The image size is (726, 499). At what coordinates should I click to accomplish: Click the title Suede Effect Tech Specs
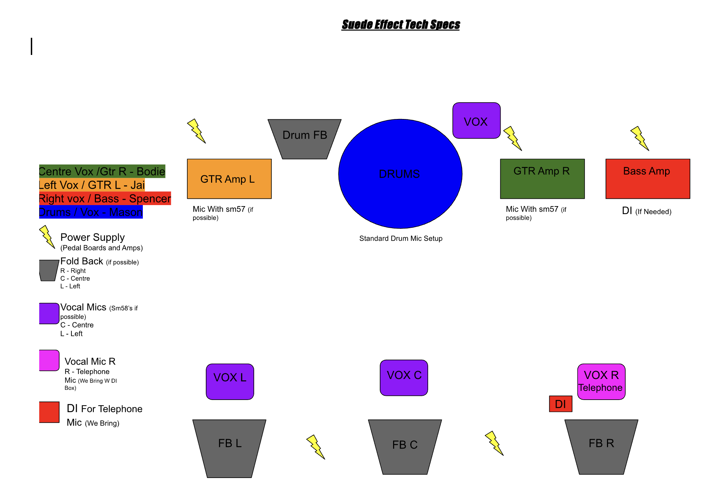(400, 24)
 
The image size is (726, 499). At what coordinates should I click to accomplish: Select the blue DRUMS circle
(400, 174)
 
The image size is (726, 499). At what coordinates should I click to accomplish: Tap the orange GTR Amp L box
(229, 179)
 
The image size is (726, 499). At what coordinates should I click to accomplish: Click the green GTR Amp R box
(542, 179)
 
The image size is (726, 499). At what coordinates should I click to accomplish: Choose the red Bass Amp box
(647, 179)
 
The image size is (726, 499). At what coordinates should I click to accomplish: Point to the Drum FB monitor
(305, 139)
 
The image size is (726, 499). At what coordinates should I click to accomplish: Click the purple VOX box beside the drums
(476, 121)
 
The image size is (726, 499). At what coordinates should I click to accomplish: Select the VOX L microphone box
(230, 381)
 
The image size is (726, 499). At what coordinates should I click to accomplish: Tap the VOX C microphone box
(404, 378)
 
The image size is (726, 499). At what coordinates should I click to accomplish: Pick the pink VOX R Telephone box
(601, 381)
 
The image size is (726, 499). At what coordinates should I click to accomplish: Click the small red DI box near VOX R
(560, 404)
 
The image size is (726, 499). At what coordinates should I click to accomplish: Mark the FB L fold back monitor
(229, 448)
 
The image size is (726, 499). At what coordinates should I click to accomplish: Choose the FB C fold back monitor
(405, 447)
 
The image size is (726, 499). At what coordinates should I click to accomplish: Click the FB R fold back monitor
(601, 447)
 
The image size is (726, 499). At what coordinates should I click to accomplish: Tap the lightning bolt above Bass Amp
(640, 138)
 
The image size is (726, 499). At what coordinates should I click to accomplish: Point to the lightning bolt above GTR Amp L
(196, 131)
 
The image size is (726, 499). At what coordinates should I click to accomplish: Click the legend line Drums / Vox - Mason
(91, 212)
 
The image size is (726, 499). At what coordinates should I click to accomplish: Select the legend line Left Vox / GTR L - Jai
(92, 185)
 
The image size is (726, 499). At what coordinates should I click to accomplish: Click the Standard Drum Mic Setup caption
(400, 238)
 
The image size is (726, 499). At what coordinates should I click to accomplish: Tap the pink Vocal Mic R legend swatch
(49, 360)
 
